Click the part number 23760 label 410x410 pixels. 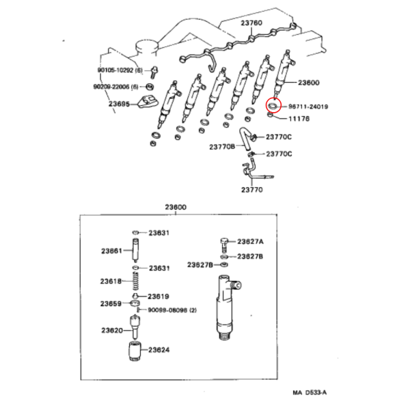[x=251, y=23]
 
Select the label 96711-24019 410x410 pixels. [x=308, y=107]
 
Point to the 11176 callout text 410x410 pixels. [x=299, y=119]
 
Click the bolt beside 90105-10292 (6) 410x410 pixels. [x=154, y=72]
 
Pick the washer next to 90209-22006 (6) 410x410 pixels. [x=150, y=87]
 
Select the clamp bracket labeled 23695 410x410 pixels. [x=148, y=103]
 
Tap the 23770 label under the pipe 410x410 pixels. [x=251, y=189]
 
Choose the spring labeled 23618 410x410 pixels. [x=135, y=281]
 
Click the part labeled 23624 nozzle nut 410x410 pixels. [x=135, y=351]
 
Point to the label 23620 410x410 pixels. [x=112, y=331]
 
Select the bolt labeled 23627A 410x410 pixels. [x=224, y=244]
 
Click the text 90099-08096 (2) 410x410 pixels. [x=172, y=310]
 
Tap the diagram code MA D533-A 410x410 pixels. [x=310, y=392]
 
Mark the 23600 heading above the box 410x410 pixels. [x=176, y=207]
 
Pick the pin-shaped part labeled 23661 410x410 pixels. [x=135, y=251]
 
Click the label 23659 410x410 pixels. [x=111, y=303]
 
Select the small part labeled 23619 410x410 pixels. [x=135, y=297]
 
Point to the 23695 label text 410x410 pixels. [x=119, y=104]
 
